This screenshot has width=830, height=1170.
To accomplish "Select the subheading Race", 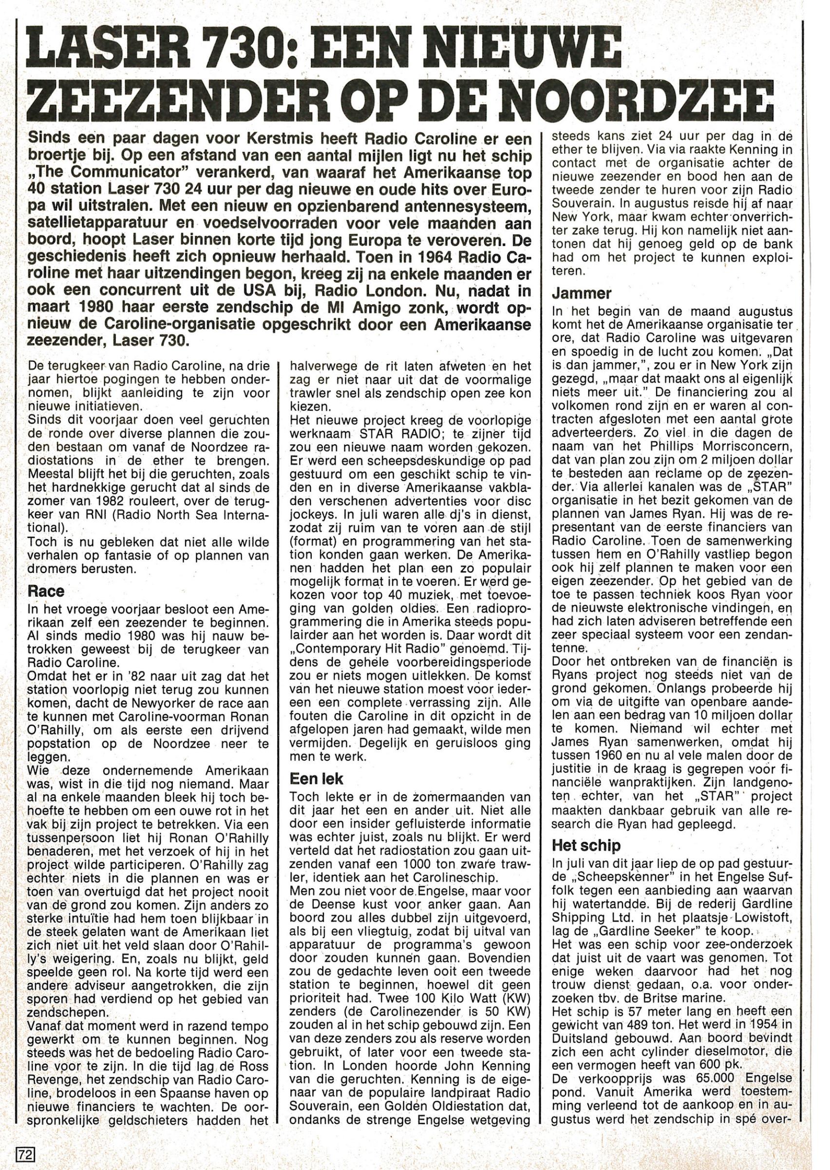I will (x=46, y=592).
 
